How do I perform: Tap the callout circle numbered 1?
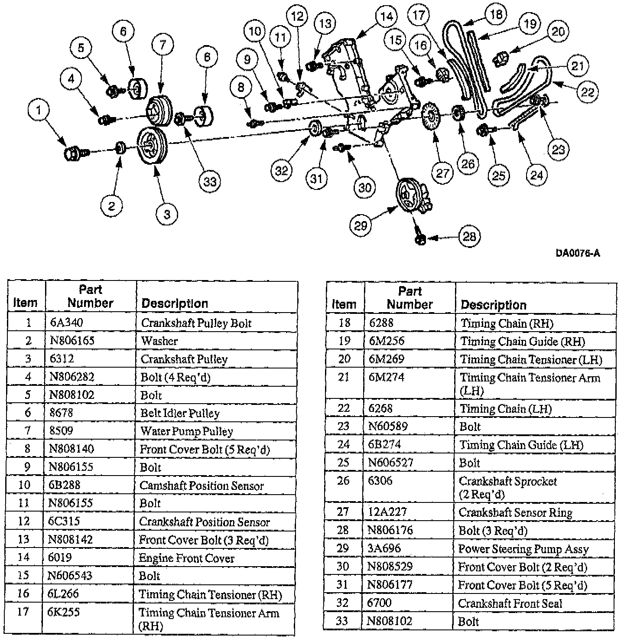(39, 110)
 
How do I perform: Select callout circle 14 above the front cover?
(386, 17)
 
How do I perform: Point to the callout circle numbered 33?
(210, 181)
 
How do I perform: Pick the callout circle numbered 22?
(587, 91)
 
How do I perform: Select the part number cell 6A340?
(66, 323)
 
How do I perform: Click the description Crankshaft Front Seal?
(510, 603)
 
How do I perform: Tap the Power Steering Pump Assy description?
(523, 549)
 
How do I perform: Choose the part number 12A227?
(387, 512)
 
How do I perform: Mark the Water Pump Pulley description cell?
(187, 431)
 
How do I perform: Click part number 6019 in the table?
(60, 557)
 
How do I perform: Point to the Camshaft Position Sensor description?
(201, 486)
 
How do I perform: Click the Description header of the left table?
(175, 303)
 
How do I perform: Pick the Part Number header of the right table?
(409, 297)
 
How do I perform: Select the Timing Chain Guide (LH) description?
(521, 445)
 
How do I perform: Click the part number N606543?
(70, 575)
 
